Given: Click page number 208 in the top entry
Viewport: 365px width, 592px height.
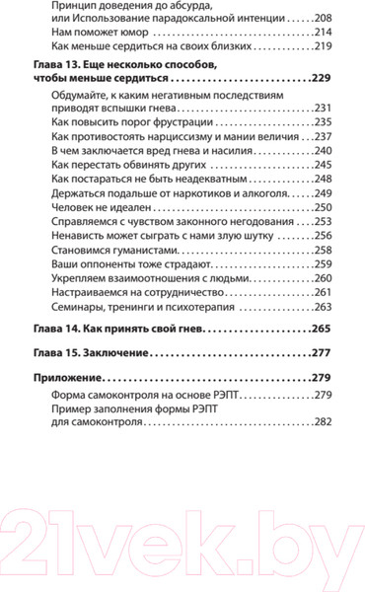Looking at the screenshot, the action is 323,19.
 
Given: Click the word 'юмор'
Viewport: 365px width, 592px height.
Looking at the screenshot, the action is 124,36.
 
